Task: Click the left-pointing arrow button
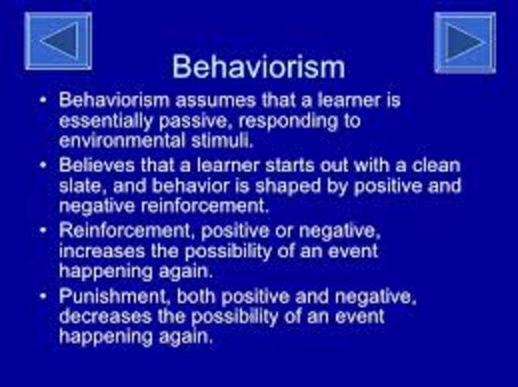[x=58, y=40]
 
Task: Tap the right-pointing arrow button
[x=465, y=42]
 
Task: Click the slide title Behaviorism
[x=259, y=65]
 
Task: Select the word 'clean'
[x=435, y=166]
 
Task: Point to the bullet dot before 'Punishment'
[x=43, y=297]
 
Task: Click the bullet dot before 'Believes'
[x=43, y=166]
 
